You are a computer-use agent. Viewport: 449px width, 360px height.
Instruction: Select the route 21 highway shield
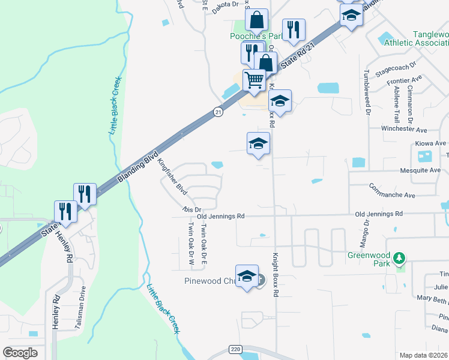(218, 112)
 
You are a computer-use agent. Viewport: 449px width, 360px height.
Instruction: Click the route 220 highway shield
(235, 349)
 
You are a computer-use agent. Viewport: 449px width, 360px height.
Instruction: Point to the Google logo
(20, 353)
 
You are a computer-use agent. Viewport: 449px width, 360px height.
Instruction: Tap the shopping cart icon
(255, 80)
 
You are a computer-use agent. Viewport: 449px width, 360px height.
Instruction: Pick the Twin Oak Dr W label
(191, 244)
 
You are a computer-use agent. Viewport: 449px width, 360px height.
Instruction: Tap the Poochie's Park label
(256, 36)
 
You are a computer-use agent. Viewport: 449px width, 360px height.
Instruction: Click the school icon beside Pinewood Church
(247, 277)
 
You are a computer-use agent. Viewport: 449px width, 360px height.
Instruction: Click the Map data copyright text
(423, 355)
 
